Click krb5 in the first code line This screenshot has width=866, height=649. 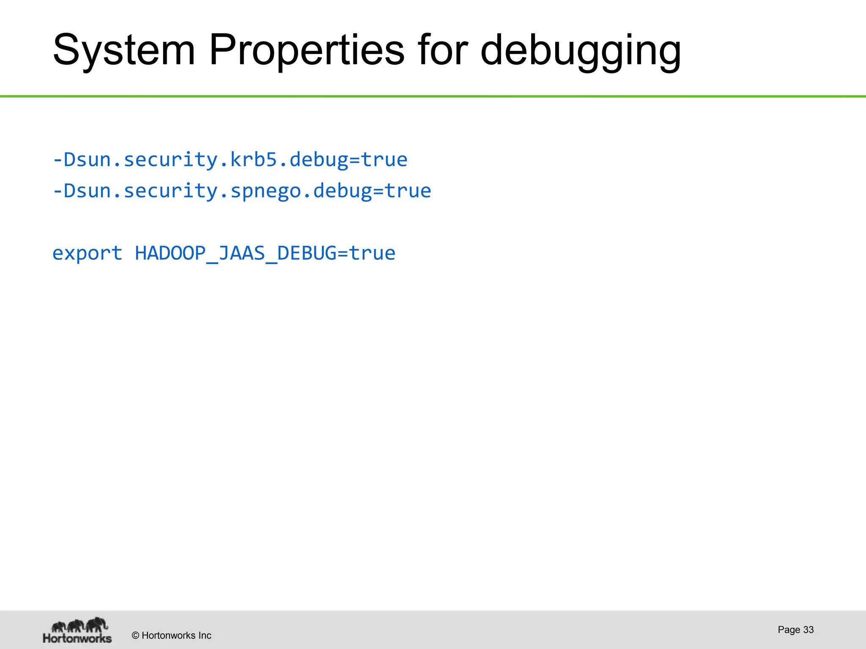coord(253,160)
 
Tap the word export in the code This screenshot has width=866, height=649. coord(88,254)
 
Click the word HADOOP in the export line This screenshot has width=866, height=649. coord(170,254)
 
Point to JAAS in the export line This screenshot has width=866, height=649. coord(241,254)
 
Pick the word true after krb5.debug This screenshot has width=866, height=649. coord(384,160)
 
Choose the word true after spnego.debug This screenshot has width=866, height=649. coord(408,191)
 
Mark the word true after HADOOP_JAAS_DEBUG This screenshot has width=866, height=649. coord(373,254)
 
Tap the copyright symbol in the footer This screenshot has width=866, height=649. coord(136,635)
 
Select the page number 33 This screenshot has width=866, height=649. coord(808,630)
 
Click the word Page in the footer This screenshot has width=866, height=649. coord(789,630)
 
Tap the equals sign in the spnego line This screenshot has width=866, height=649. coord(378,191)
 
